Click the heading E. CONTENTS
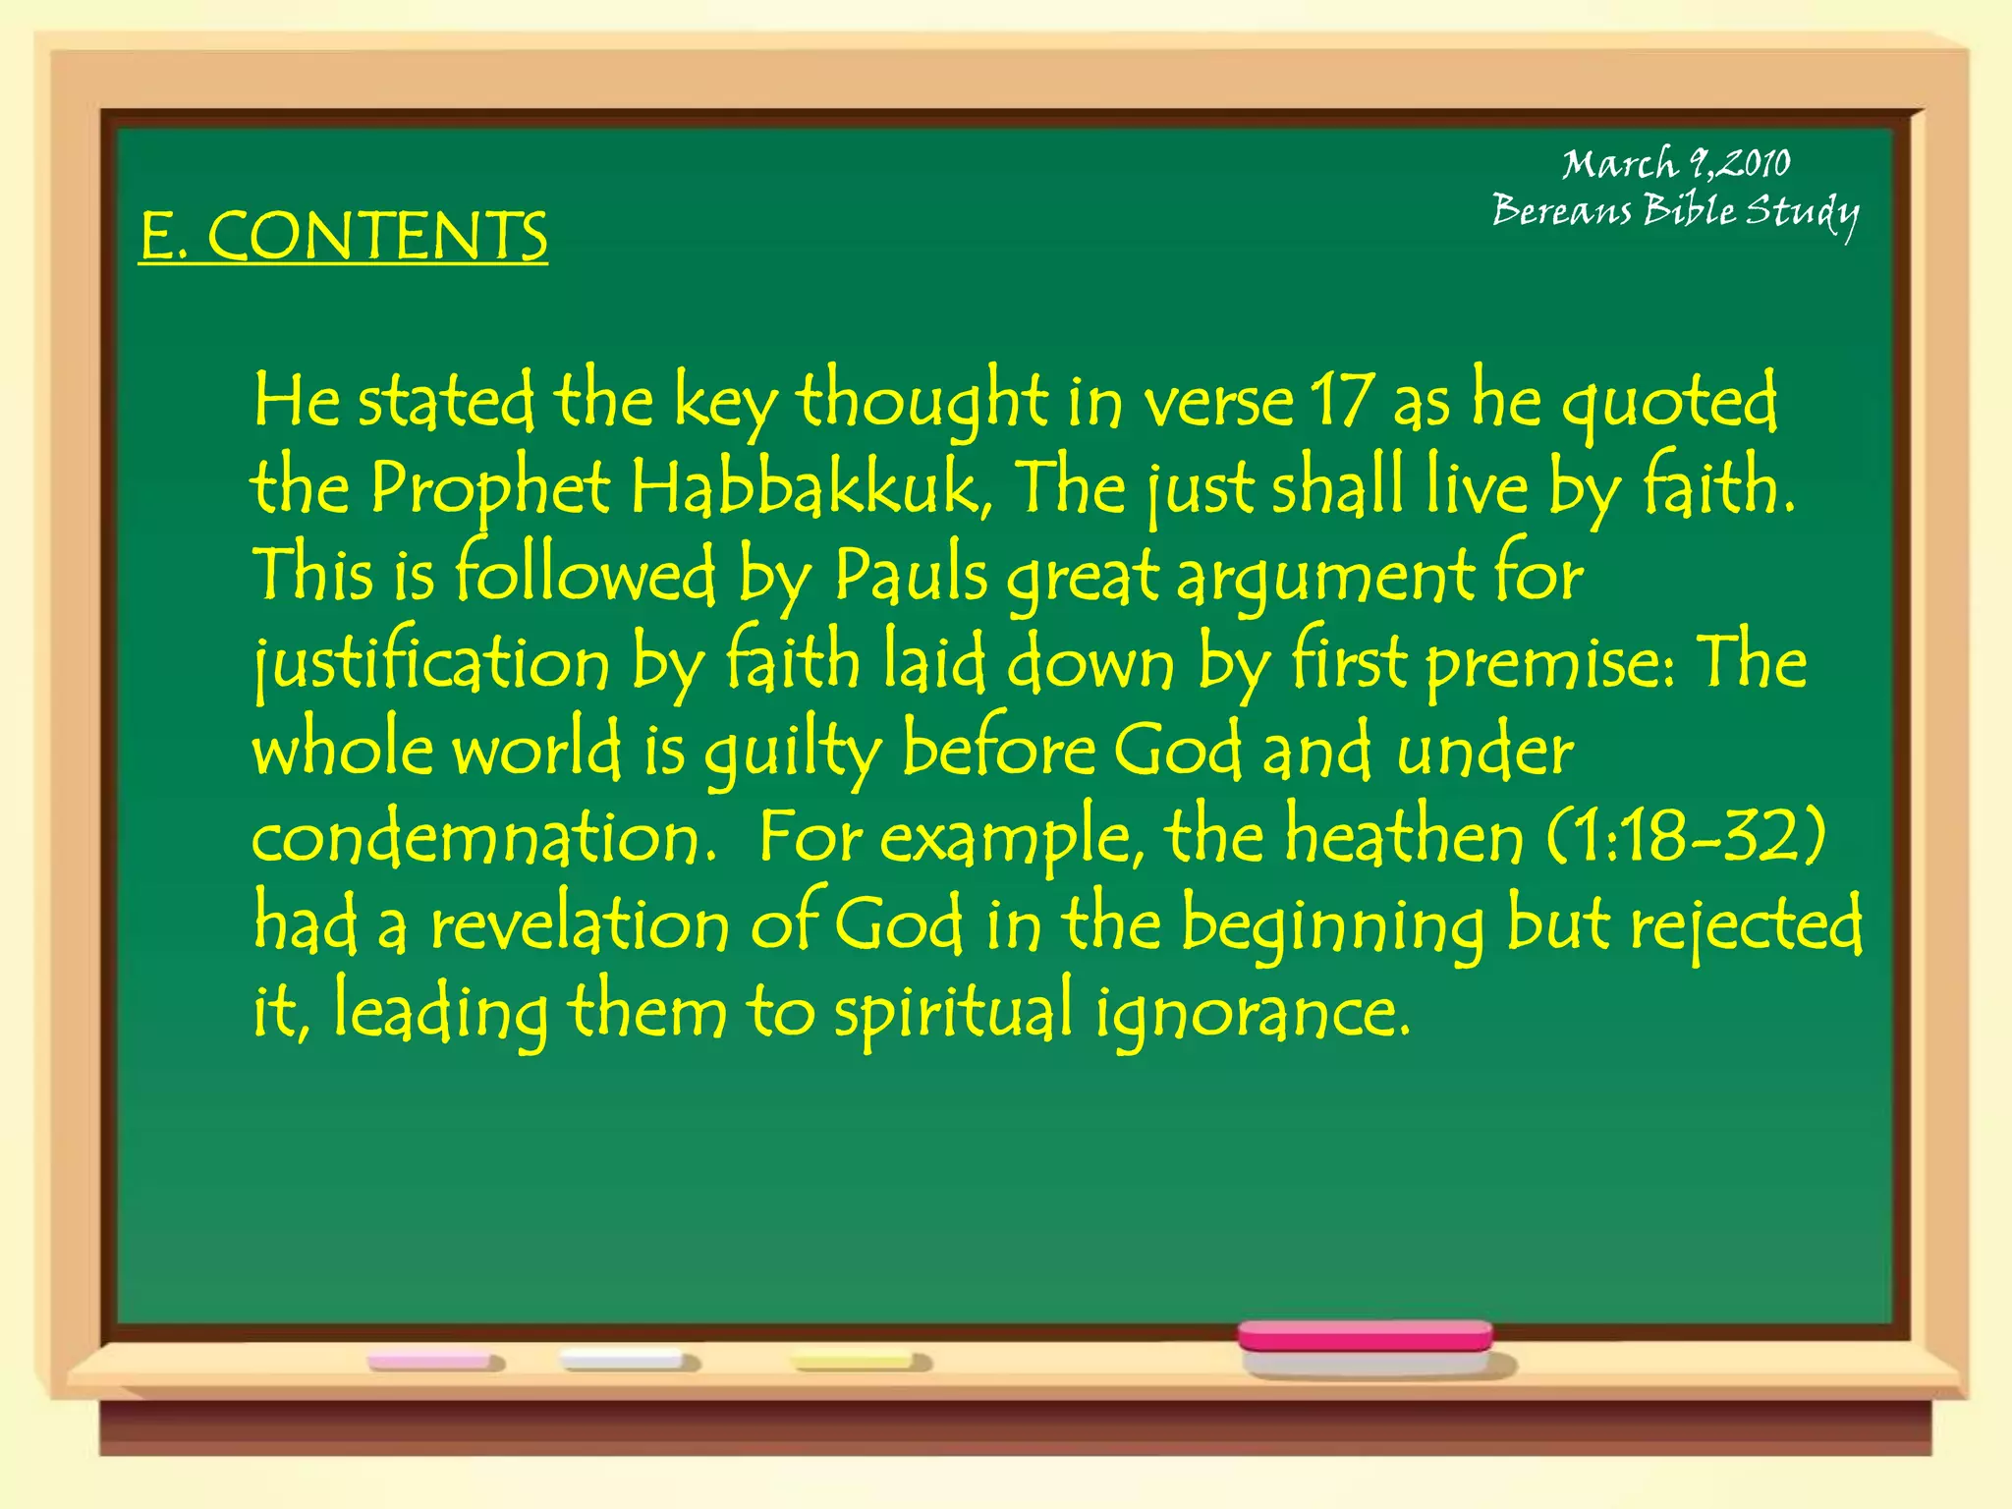click(343, 236)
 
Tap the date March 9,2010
click(1676, 163)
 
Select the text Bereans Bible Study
click(1675, 211)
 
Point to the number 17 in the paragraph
click(1342, 401)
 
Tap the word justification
click(431, 663)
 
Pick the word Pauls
click(911, 575)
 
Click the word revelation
click(580, 925)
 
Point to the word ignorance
click(1253, 1013)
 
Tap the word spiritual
click(953, 1013)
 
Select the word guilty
click(793, 752)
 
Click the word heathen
click(1405, 836)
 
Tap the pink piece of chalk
click(434, 1362)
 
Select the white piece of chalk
click(627, 1361)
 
